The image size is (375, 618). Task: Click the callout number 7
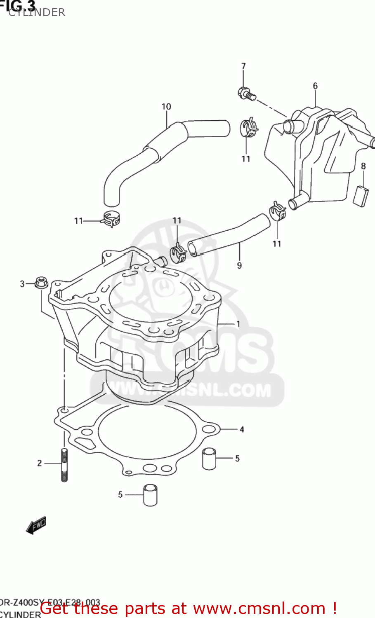(x=243, y=66)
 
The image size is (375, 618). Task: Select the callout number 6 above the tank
(x=315, y=86)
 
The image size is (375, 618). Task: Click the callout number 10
(x=166, y=107)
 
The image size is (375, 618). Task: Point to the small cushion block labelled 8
(x=361, y=195)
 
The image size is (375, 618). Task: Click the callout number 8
(x=363, y=166)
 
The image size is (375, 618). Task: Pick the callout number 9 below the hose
(x=239, y=266)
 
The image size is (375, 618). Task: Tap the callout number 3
(x=22, y=283)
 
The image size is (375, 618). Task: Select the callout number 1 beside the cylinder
(x=238, y=324)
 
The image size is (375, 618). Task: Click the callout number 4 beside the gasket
(x=242, y=429)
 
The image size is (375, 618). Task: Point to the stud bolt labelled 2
(x=64, y=464)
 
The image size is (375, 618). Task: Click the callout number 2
(x=40, y=463)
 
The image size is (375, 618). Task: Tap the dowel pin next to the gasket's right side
(x=209, y=459)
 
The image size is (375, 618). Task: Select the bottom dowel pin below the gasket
(x=150, y=495)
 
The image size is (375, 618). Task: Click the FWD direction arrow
(x=36, y=525)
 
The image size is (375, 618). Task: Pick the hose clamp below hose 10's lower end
(x=111, y=219)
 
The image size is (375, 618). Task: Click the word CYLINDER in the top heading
(x=37, y=12)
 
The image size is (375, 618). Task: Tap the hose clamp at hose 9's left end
(x=179, y=252)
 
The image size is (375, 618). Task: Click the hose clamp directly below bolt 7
(x=249, y=128)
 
